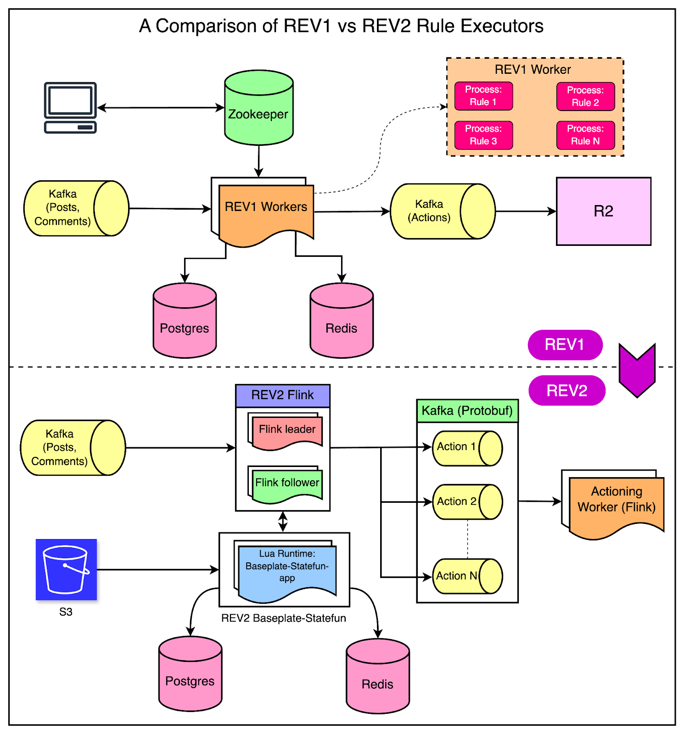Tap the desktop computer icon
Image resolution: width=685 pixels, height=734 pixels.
pyautogui.click(x=70, y=108)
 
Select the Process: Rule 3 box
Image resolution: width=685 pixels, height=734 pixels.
pyautogui.click(x=483, y=135)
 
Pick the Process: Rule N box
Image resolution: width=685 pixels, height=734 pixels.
pyautogui.click(x=585, y=135)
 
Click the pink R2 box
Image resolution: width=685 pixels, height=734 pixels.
pyautogui.click(x=603, y=211)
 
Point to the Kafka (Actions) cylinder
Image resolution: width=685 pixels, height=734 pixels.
pyautogui.click(x=442, y=211)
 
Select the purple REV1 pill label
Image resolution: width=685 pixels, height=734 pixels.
pyautogui.click(x=565, y=345)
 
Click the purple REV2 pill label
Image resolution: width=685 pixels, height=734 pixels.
pyautogui.click(x=567, y=390)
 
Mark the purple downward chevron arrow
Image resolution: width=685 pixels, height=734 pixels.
pyautogui.click(x=637, y=370)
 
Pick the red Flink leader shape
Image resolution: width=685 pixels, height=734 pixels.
pyautogui.click(x=287, y=432)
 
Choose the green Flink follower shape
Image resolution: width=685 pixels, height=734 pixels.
pyautogui.click(x=287, y=484)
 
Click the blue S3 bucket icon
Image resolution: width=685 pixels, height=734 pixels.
pyautogui.click(x=66, y=569)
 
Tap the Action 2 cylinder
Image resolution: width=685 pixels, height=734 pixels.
pyautogui.click(x=467, y=501)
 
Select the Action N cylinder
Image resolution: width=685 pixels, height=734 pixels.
pyautogui.click(x=467, y=576)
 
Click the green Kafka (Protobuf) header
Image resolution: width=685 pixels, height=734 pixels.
pyautogui.click(x=467, y=411)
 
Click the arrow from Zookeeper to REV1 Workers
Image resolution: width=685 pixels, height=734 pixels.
pyautogui.click(x=259, y=161)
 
